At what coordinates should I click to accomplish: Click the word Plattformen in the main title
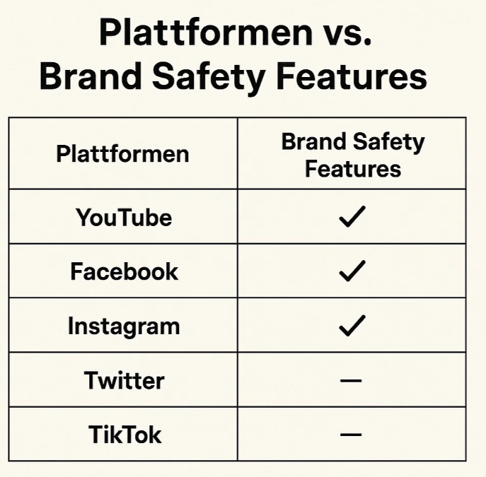point(206,33)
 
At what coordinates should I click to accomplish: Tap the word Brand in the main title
point(91,76)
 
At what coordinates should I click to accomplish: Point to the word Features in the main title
point(352,76)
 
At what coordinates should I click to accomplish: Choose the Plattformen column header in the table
point(123,154)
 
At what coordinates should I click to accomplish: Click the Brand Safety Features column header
point(353,155)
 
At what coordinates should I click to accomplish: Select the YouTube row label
point(124,217)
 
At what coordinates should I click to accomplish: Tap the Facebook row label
point(125,271)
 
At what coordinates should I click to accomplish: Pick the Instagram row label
point(124,326)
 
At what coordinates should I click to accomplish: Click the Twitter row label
point(124,380)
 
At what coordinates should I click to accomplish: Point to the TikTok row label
point(125,435)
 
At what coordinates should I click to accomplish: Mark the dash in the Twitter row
point(351,380)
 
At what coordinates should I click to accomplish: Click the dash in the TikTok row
point(351,435)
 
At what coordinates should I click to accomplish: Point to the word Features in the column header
point(353,169)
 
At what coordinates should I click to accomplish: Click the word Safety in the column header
point(388,143)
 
